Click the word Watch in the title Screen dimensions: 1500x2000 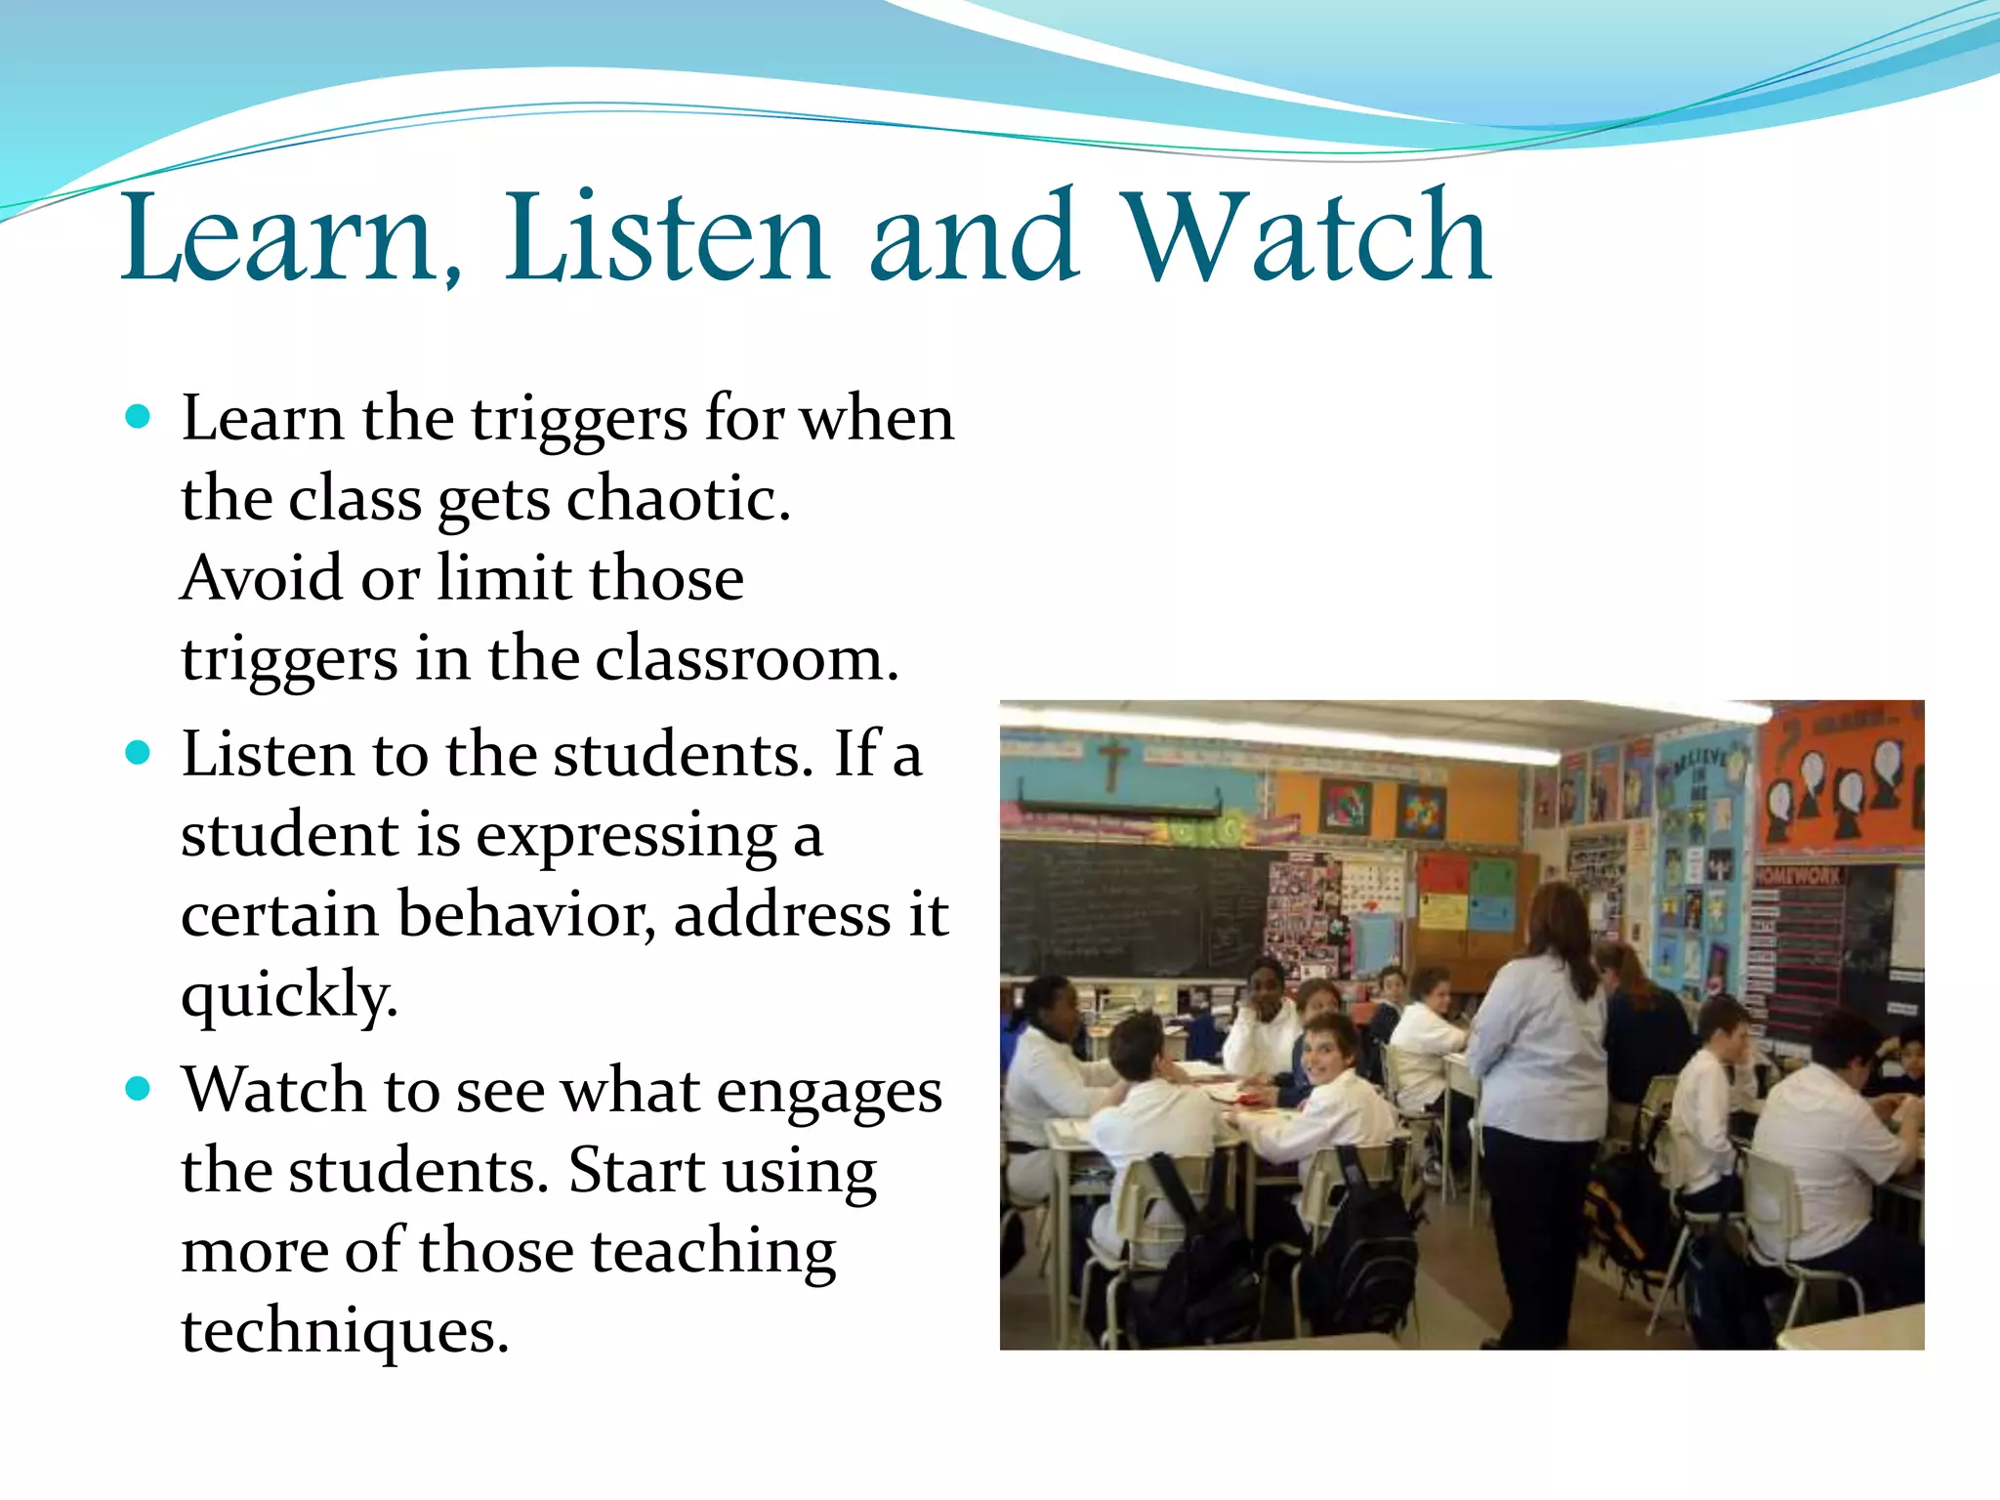click(1309, 237)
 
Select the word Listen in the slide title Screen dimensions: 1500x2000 click(666, 237)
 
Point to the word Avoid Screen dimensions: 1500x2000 click(262, 577)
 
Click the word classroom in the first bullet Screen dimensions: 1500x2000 click(746, 659)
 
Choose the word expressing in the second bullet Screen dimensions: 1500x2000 click(626, 836)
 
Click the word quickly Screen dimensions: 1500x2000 click(289, 996)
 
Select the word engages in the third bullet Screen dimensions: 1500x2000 click(830, 1091)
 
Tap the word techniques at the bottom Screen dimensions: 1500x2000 click(345, 1330)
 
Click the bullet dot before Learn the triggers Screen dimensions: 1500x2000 click(139, 418)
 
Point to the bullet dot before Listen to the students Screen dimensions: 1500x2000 click(139, 754)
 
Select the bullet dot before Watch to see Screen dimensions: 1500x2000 click(139, 1089)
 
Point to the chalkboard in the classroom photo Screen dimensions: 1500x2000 click(1133, 908)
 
